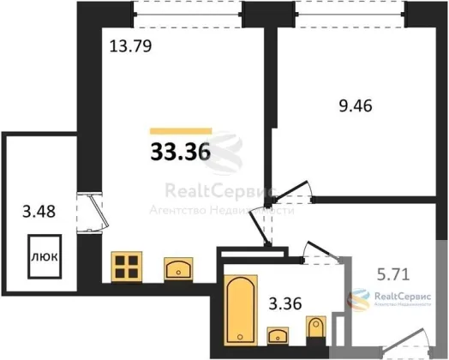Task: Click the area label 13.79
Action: [x=130, y=46]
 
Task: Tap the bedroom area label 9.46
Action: [x=356, y=106]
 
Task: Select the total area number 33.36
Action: [x=181, y=152]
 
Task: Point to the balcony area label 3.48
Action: [x=39, y=212]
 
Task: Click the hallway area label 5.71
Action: [x=393, y=274]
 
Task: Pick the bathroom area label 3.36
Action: [x=285, y=303]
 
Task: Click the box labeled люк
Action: [x=45, y=256]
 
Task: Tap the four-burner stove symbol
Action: [x=127, y=267]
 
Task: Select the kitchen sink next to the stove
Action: [x=178, y=268]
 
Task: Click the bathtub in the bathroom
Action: [x=241, y=309]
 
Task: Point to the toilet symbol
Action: [x=316, y=327]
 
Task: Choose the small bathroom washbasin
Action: [x=278, y=335]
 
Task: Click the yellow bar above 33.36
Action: [x=181, y=131]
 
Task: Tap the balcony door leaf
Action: [x=99, y=210]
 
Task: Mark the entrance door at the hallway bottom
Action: [x=404, y=339]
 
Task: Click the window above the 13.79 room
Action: [x=188, y=14]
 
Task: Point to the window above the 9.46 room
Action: [x=350, y=14]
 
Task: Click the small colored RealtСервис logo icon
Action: [x=358, y=299]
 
